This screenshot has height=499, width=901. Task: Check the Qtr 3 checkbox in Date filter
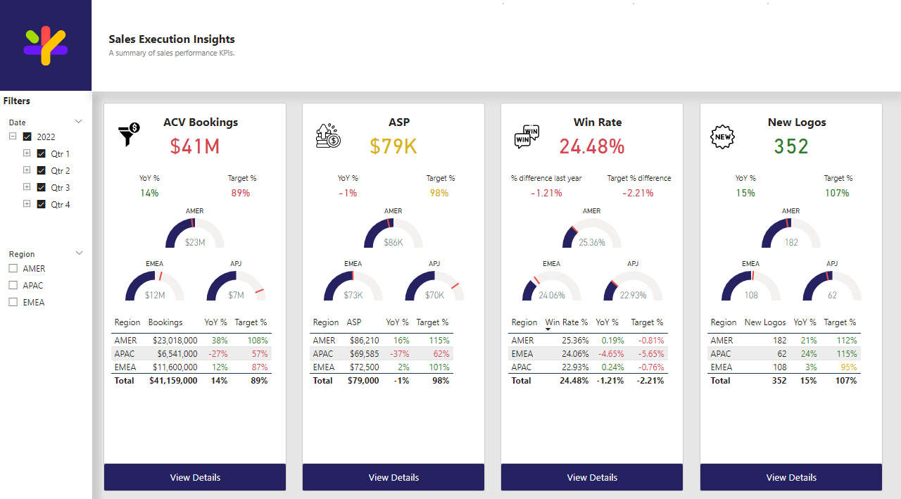coord(41,187)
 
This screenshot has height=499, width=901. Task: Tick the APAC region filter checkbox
coord(13,285)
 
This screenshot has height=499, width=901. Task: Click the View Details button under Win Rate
coord(592,477)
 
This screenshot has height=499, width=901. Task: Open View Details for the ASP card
coord(393,477)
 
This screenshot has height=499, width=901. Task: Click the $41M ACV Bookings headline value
coord(195,146)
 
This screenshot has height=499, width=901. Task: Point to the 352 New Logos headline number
coord(790,146)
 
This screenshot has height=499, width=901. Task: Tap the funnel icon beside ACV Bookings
coord(129,134)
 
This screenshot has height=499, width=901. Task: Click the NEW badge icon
coord(722,137)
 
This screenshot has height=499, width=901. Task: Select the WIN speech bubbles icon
coord(527,137)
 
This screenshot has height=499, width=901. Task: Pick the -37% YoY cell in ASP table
coord(399,354)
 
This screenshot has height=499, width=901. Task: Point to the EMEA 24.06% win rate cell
coord(575,354)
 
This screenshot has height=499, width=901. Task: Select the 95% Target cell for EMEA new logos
coord(849,367)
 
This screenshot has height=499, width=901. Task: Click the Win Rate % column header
coord(567,322)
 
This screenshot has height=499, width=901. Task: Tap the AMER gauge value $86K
coord(393,242)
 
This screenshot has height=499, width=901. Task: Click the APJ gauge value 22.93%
coord(633,295)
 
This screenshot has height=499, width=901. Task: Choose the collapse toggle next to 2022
coord(13,136)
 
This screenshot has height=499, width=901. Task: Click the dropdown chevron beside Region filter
coord(80,253)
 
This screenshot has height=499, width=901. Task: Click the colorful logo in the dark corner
coord(46,45)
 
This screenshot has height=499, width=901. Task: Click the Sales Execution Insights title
coord(172,39)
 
